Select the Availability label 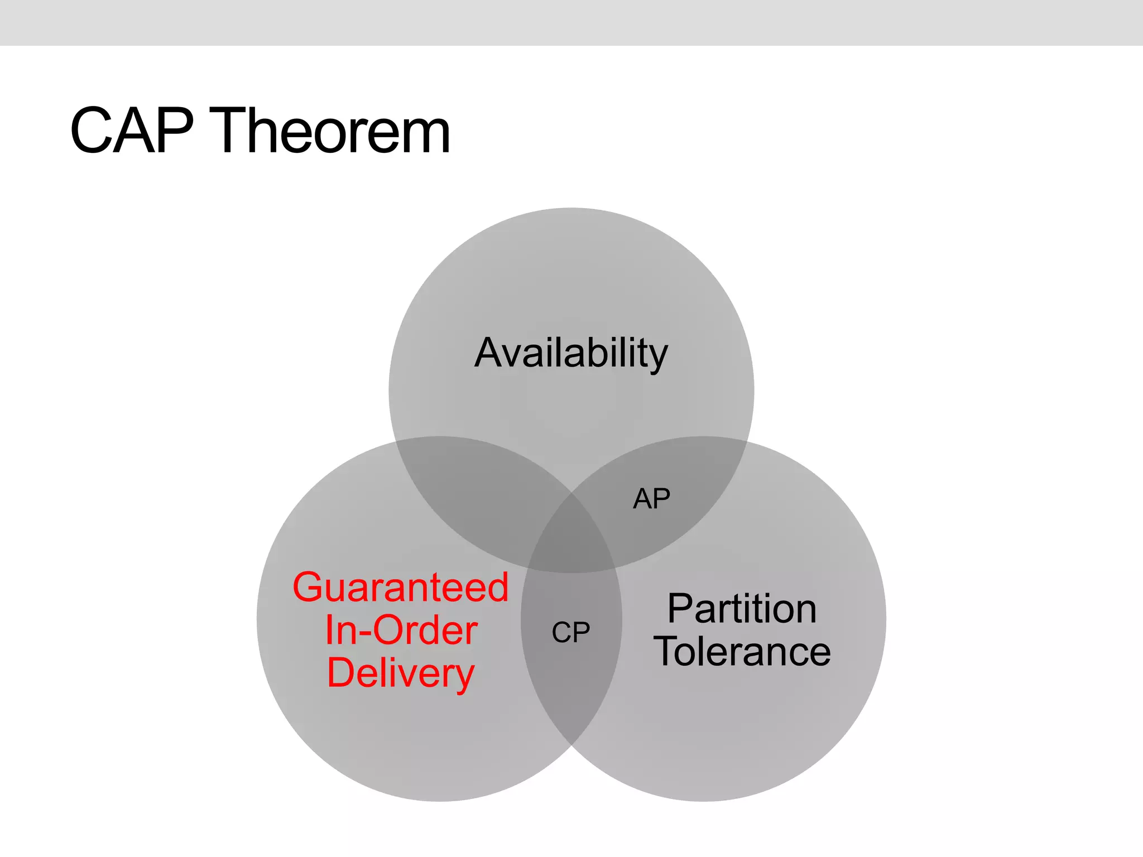tap(571, 353)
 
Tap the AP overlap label tap(651, 498)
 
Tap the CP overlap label tap(570, 633)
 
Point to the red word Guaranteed tap(401, 588)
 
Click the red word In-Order tap(401, 630)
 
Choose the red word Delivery tap(401, 673)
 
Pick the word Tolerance tap(742, 651)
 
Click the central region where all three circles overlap tap(571, 541)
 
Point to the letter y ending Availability tap(657, 357)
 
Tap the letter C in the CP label tap(561, 633)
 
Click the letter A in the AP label tap(642, 498)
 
